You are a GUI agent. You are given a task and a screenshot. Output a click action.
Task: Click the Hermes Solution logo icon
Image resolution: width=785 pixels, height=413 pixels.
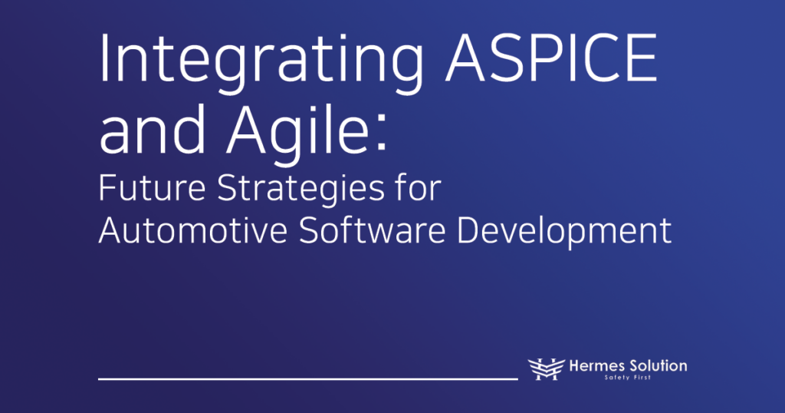click(x=547, y=369)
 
